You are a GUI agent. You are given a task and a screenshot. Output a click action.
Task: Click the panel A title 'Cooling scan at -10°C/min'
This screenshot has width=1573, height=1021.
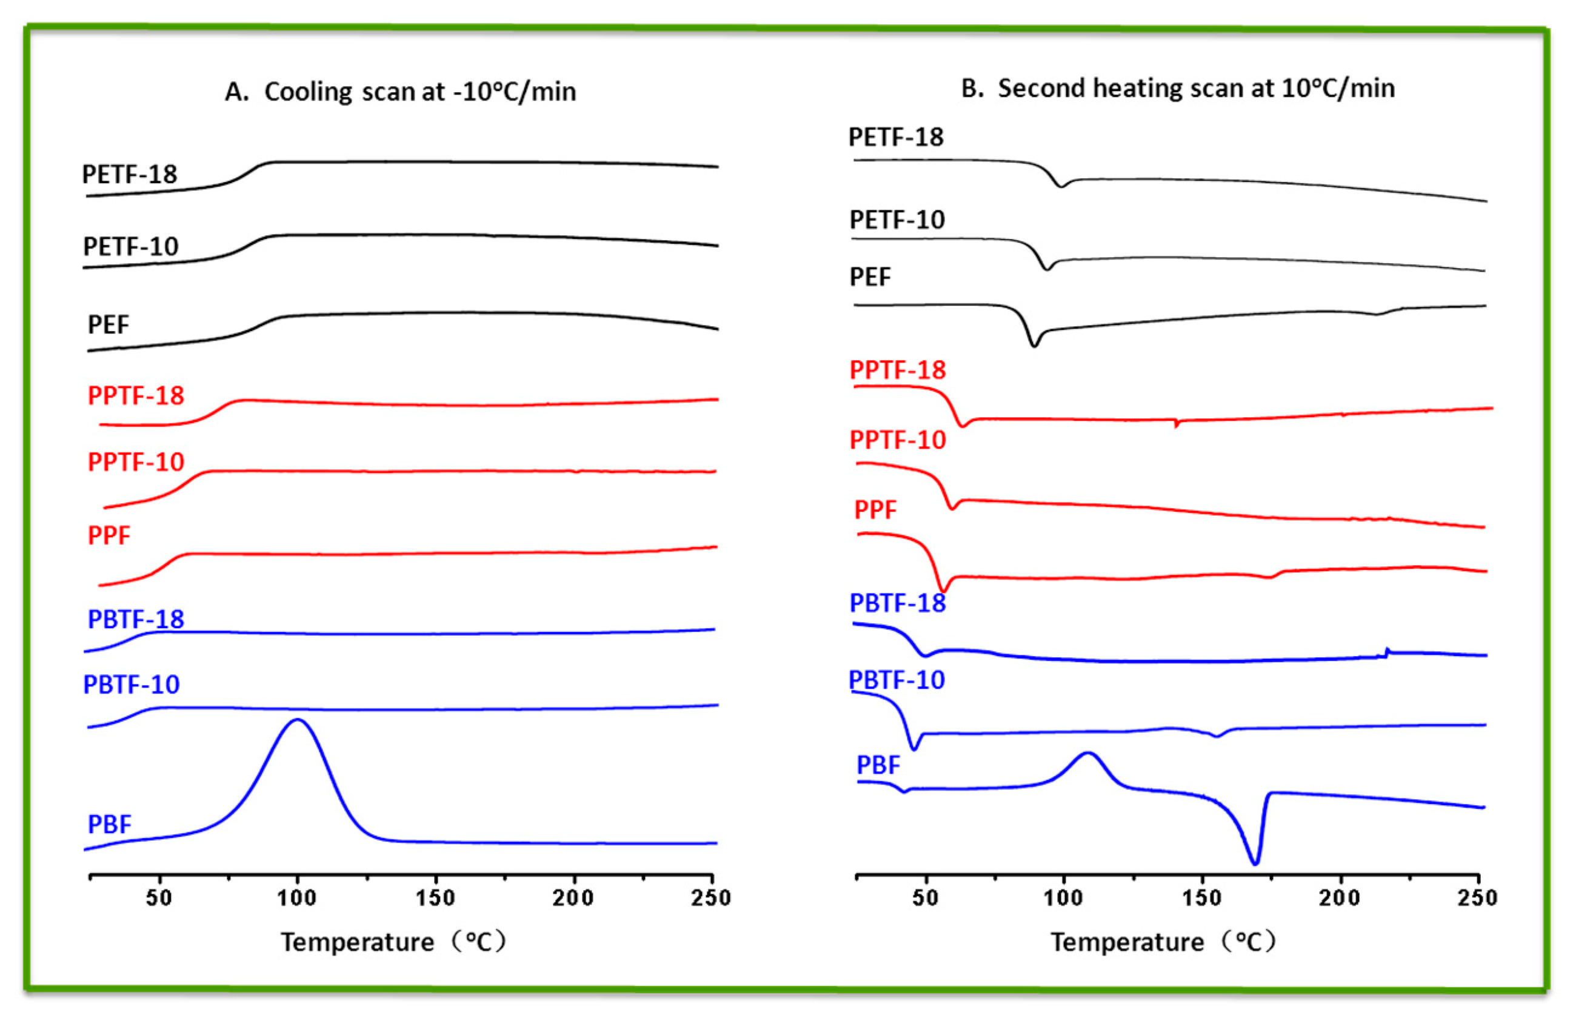(400, 92)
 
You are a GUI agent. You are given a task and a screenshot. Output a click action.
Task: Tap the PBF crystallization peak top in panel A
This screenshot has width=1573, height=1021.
(297, 720)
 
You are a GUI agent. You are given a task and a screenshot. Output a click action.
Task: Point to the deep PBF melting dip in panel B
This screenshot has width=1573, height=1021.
(1255, 862)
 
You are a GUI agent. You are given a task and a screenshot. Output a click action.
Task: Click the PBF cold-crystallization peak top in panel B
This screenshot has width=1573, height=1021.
(1088, 753)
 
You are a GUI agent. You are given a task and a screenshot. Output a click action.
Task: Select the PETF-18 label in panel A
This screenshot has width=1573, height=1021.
(130, 175)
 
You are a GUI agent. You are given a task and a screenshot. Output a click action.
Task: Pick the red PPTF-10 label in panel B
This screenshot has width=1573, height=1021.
(897, 440)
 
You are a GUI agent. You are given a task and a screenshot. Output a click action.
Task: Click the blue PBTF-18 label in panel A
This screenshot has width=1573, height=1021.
(136, 619)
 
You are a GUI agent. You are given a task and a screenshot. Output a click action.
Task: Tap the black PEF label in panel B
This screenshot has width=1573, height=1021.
(870, 277)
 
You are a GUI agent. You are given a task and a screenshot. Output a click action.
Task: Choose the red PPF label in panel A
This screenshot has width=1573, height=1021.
(109, 535)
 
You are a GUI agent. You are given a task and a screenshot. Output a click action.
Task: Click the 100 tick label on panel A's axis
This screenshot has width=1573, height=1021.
(297, 898)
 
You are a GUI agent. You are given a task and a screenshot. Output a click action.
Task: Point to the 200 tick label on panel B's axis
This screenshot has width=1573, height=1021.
(1339, 898)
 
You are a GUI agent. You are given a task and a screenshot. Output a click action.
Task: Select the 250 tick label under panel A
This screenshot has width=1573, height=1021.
(711, 898)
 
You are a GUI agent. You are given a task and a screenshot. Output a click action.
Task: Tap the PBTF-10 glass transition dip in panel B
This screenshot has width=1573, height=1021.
(914, 749)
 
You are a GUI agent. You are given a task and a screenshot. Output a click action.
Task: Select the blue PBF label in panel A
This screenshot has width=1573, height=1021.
(109, 824)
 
